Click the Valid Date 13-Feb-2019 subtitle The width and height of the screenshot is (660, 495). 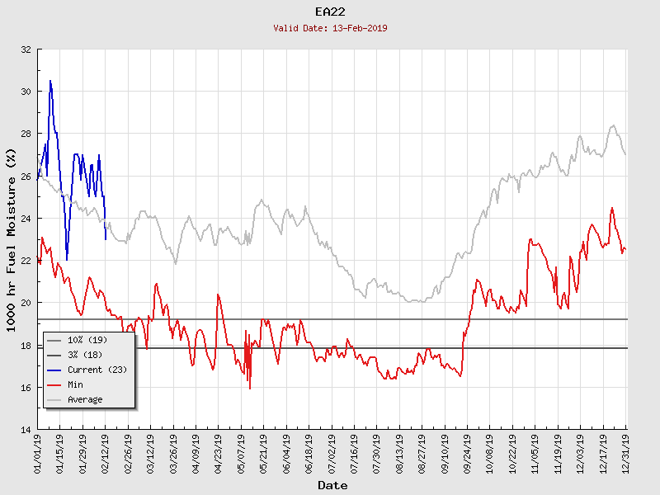tap(330, 28)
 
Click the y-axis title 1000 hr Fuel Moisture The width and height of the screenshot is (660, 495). tap(12, 239)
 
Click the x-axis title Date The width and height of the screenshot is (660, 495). tap(332, 486)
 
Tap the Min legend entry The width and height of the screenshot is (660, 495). tap(75, 384)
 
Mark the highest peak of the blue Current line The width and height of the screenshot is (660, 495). tap(50, 80)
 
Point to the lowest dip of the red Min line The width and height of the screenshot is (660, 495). tap(250, 389)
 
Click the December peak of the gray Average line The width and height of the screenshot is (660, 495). tap(613, 125)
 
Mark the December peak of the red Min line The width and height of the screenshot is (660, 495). tap(611, 208)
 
